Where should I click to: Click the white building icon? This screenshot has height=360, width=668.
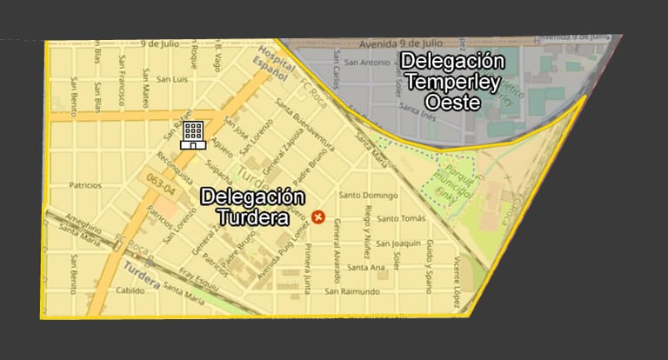coord(193,135)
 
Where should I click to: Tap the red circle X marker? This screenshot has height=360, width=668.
coord(318,217)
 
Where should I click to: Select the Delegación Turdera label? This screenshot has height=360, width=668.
coord(252,207)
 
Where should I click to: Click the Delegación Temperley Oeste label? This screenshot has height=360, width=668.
coord(452,82)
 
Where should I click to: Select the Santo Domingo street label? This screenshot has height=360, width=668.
coord(369,195)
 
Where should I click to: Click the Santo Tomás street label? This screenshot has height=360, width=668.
coord(401,218)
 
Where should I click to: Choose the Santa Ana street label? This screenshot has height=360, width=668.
coord(365,268)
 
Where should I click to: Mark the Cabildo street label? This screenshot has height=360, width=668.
coord(130,290)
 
